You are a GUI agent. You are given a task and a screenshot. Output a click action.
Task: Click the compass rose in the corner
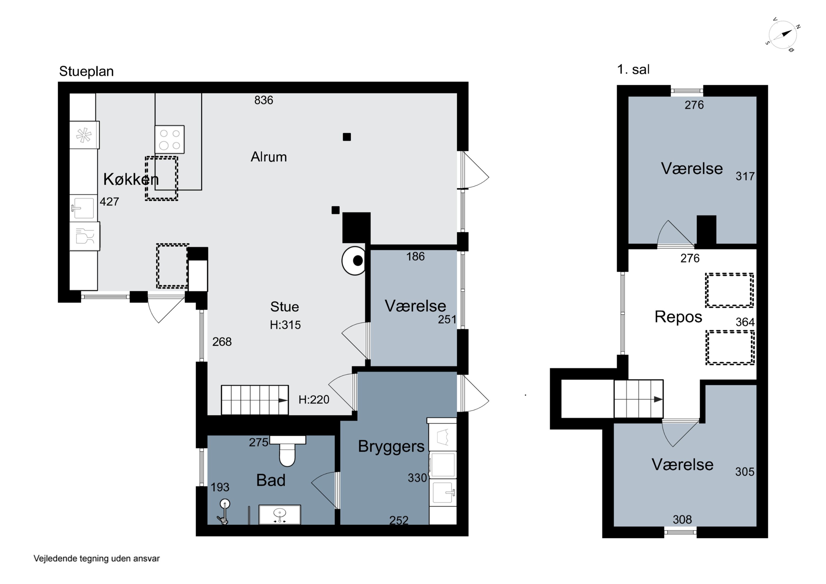pos(783,34)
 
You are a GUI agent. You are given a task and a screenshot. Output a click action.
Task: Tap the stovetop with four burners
pos(169,139)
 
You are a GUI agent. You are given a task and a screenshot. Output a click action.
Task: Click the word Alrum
pos(269,157)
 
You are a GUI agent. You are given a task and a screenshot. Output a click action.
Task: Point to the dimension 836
pos(264,100)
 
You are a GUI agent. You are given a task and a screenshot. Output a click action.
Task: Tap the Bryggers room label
pos(391,447)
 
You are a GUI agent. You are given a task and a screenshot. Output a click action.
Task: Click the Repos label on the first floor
pos(678,317)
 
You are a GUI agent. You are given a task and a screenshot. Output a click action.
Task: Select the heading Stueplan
pos(86,71)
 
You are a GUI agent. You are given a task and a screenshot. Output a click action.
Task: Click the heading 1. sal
pos(633,69)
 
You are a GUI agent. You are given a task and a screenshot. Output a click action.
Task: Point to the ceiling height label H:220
pos(314,400)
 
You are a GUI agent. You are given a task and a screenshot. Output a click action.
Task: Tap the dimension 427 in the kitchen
pos(109,202)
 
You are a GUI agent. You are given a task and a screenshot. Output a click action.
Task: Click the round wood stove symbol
pos(354,261)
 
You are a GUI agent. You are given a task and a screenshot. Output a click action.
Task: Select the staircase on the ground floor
pos(255,400)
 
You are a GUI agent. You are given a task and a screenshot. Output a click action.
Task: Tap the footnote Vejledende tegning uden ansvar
pos(96,558)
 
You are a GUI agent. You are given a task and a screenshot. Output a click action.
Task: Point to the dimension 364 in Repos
pos(745,322)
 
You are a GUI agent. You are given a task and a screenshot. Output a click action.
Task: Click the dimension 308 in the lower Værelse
pos(682,520)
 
